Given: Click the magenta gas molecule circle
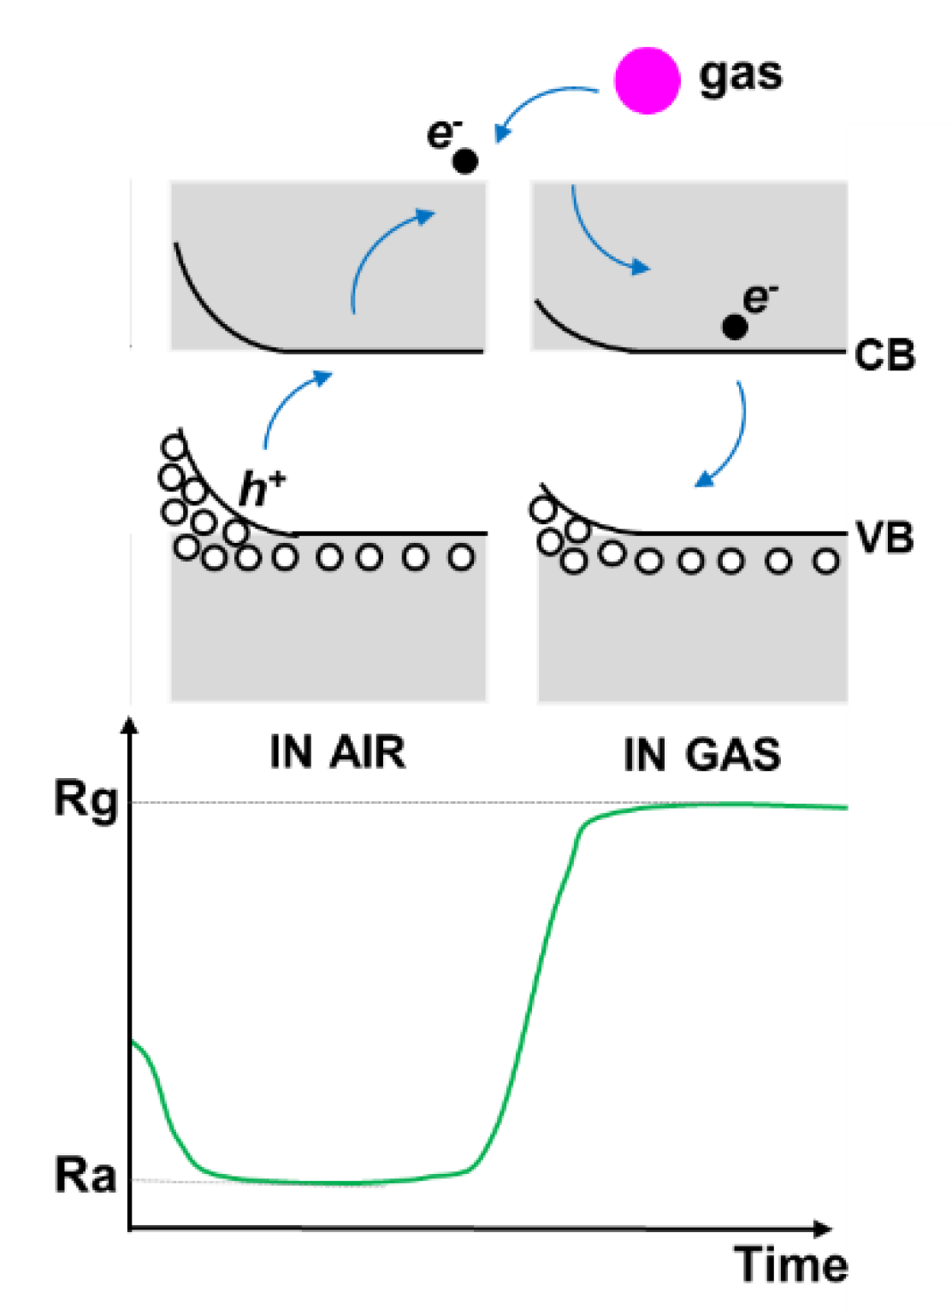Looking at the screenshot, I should [647, 80].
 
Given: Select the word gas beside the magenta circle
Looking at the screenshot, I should [740, 75].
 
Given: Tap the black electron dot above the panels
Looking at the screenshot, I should [464, 161].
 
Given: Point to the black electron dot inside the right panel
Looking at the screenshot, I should [734, 326].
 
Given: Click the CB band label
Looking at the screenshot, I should [884, 356].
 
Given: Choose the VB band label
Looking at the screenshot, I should [884, 539].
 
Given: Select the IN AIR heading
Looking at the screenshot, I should [337, 752].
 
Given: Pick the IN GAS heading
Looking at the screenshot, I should [701, 755].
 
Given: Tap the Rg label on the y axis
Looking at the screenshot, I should [86, 801].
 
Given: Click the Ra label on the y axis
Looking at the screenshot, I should [86, 1176].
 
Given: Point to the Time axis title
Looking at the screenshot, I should [791, 1265].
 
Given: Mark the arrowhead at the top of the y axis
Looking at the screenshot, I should [130, 725].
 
